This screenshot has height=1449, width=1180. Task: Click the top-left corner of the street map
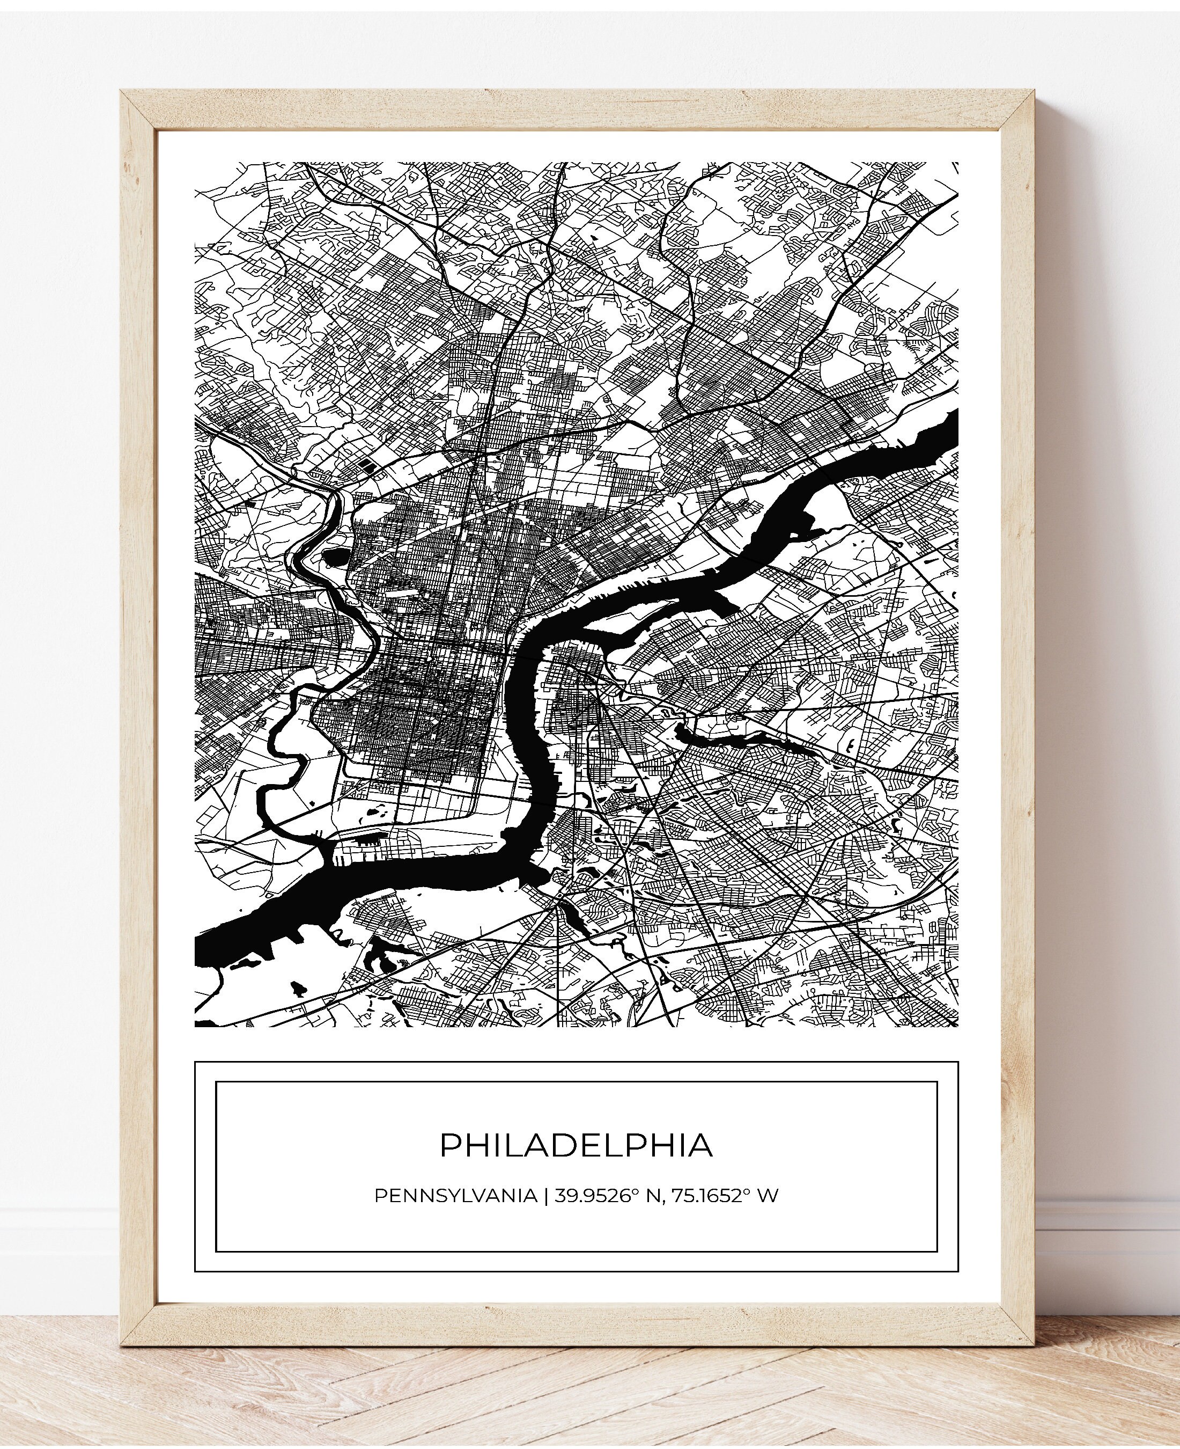tap(196, 163)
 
